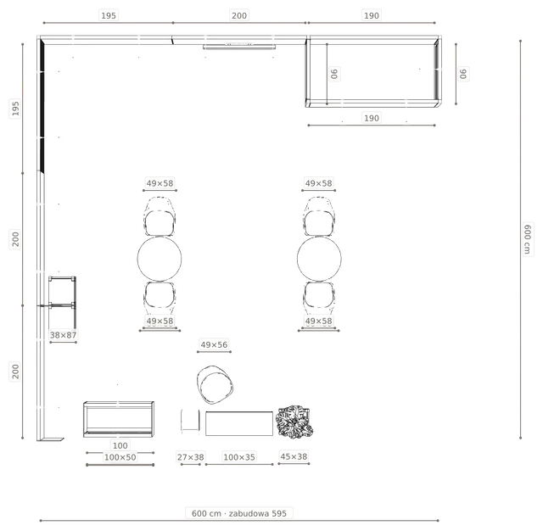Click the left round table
coord(160,259)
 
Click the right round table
coord(319,259)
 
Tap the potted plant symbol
coord(294,422)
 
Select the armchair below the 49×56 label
coord(215,384)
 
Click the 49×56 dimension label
coord(214,344)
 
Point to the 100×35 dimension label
coord(239,457)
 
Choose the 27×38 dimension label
coord(190,457)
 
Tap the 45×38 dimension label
coord(294,456)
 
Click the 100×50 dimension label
coord(120,457)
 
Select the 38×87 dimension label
coord(63,335)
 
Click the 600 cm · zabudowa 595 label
coord(239,513)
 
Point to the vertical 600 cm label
coord(527,239)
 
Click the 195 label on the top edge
coord(109,15)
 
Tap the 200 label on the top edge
coord(239,15)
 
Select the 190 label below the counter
coord(372,118)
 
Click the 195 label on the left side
coord(15,108)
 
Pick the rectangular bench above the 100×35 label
coord(239,423)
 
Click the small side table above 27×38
coord(190,421)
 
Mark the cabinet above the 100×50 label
coord(119,419)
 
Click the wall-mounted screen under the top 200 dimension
coord(239,47)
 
